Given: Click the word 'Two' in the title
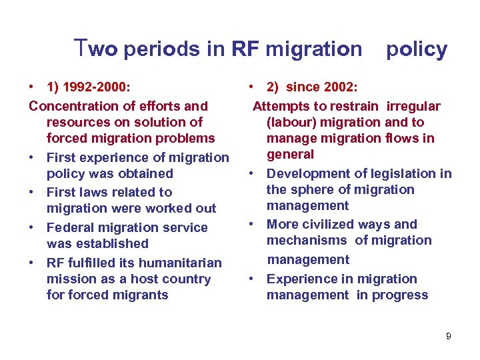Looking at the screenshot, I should [x=97, y=49].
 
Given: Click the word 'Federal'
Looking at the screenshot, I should [x=69, y=227].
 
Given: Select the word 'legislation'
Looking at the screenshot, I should [x=405, y=173].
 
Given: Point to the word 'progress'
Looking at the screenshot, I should [x=402, y=295].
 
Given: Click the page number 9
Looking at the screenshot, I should [x=449, y=336].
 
